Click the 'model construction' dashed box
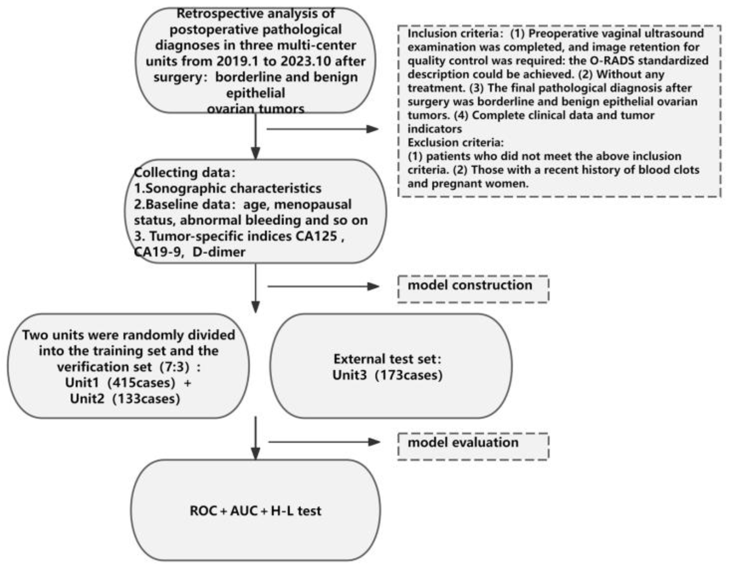473,289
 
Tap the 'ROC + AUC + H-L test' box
255,511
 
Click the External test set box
390,366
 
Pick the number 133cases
147,399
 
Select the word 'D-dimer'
219,252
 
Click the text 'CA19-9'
158,252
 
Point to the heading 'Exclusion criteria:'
455,143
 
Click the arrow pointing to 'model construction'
323,286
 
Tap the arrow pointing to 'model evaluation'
324,442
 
